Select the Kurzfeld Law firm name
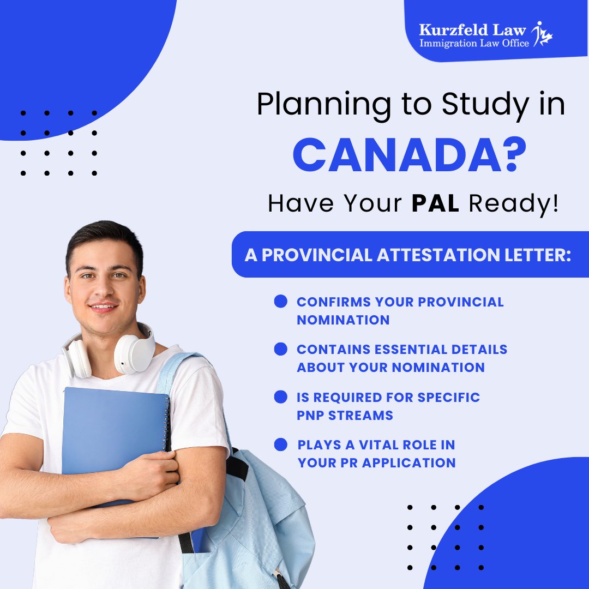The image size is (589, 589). (472, 31)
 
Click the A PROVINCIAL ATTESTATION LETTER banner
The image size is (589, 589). (408, 255)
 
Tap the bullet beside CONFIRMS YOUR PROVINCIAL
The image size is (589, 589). (281, 302)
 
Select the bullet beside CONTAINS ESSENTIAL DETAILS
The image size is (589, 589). (281, 349)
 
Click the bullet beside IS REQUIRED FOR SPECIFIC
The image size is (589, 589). (281, 397)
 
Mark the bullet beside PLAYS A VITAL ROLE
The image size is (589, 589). (281, 444)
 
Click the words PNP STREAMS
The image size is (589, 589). (345, 415)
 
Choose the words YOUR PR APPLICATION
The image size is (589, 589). (376, 462)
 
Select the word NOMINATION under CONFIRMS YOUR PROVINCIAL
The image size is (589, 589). (343, 320)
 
